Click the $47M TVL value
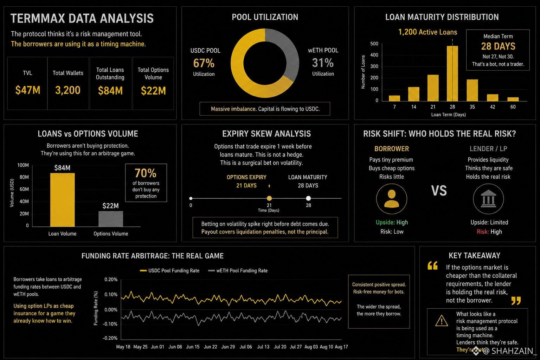click(x=28, y=90)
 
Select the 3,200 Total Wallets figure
click(x=68, y=90)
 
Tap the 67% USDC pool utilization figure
click(x=204, y=63)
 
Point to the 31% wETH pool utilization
click(x=323, y=63)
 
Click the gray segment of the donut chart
click(x=287, y=48)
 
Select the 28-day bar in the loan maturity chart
click(x=452, y=73)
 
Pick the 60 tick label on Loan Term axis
click(x=513, y=107)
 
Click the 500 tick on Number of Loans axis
click(x=374, y=44)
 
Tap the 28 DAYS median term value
click(x=498, y=46)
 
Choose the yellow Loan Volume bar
click(x=63, y=200)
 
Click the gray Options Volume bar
click(x=111, y=219)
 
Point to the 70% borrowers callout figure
click(x=146, y=173)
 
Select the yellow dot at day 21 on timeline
click(x=269, y=198)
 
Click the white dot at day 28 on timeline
click(x=308, y=198)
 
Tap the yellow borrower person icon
click(x=392, y=199)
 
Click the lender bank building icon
click(x=488, y=199)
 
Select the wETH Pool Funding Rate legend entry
click(x=238, y=271)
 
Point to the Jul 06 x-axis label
click(x=246, y=347)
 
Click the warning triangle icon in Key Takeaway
click(x=442, y=321)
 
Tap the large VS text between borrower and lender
click(x=439, y=191)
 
